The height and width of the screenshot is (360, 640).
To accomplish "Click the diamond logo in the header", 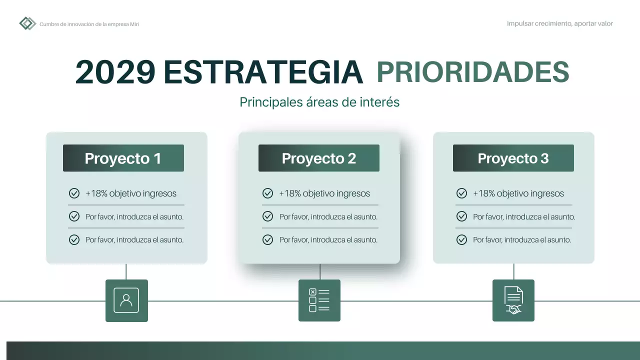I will point(27,23).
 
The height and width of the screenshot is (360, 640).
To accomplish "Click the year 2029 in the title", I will point(115,72).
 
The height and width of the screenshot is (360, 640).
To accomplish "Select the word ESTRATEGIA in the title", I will point(263,72).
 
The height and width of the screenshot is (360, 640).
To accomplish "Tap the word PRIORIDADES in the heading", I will point(472,72).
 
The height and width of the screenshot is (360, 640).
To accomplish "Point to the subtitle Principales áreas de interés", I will point(319,102).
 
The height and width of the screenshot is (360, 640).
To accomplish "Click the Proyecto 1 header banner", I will point(123,158).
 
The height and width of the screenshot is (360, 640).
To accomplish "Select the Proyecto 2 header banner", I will point(319,158).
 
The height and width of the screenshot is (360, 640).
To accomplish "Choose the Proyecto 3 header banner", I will point(513,158).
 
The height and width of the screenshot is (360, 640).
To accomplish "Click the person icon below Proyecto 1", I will point(126,300).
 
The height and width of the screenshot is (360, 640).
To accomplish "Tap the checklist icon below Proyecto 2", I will point(319,300).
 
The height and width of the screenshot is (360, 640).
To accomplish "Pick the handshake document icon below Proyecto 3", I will point(513,300).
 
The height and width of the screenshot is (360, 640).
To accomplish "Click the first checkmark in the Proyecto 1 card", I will point(74,193).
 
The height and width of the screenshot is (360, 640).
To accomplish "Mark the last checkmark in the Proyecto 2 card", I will point(267,240).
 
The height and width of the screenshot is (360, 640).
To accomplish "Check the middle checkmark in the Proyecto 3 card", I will point(461,217).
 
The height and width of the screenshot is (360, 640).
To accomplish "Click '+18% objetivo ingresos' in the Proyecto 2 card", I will point(324,193).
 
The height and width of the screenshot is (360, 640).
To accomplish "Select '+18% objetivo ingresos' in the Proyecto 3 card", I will point(518,193).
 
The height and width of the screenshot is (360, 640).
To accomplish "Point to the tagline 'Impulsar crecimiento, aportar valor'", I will point(559,23).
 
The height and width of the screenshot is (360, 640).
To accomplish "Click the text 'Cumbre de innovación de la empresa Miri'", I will point(89,24).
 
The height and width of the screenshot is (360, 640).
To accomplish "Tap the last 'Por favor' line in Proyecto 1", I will point(134,240).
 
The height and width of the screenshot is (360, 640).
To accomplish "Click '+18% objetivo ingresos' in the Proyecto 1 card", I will point(131,193).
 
